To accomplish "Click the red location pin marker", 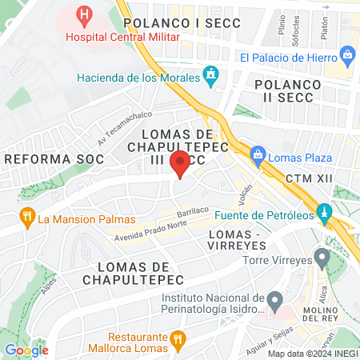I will pos(180,163).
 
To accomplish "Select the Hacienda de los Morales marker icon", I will pos(210,77).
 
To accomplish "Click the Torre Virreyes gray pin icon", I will pos(322,258).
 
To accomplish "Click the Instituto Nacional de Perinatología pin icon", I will pos(274,302).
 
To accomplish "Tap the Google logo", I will pos(26,350).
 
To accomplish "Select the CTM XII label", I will pos(306,178).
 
